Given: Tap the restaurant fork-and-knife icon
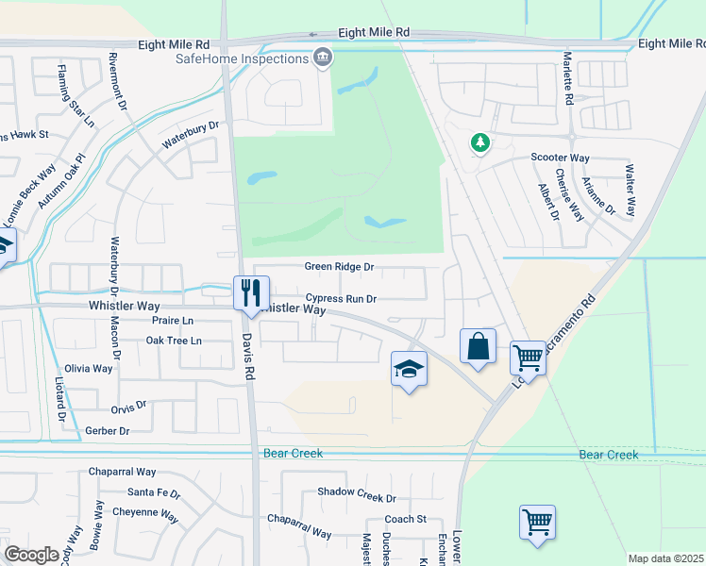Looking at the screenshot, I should pyautogui.click(x=251, y=291).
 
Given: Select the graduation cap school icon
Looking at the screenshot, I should pyautogui.click(x=410, y=367).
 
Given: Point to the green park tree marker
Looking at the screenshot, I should pyautogui.click(x=480, y=142).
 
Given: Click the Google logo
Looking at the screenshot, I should pyautogui.click(x=31, y=554).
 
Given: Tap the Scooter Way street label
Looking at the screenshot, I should pyautogui.click(x=560, y=158).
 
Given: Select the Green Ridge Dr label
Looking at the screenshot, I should pyautogui.click(x=339, y=267).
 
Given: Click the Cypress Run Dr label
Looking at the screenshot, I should pyautogui.click(x=341, y=299).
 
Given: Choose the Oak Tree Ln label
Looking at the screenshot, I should pyautogui.click(x=174, y=341).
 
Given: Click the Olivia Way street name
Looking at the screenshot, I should pyautogui.click(x=89, y=369).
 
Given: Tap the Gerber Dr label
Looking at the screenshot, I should pyautogui.click(x=107, y=431).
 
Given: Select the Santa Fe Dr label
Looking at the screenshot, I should pyautogui.click(x=154, y=492).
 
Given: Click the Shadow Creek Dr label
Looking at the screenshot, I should pyautogui.click(x=357, y=493).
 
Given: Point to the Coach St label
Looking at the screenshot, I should pyautogui.click(x=406, y=520).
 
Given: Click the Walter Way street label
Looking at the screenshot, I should pyautogui.click(x=630, y=191).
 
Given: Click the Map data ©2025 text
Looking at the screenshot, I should pyautogui.click(x=664, y=558).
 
